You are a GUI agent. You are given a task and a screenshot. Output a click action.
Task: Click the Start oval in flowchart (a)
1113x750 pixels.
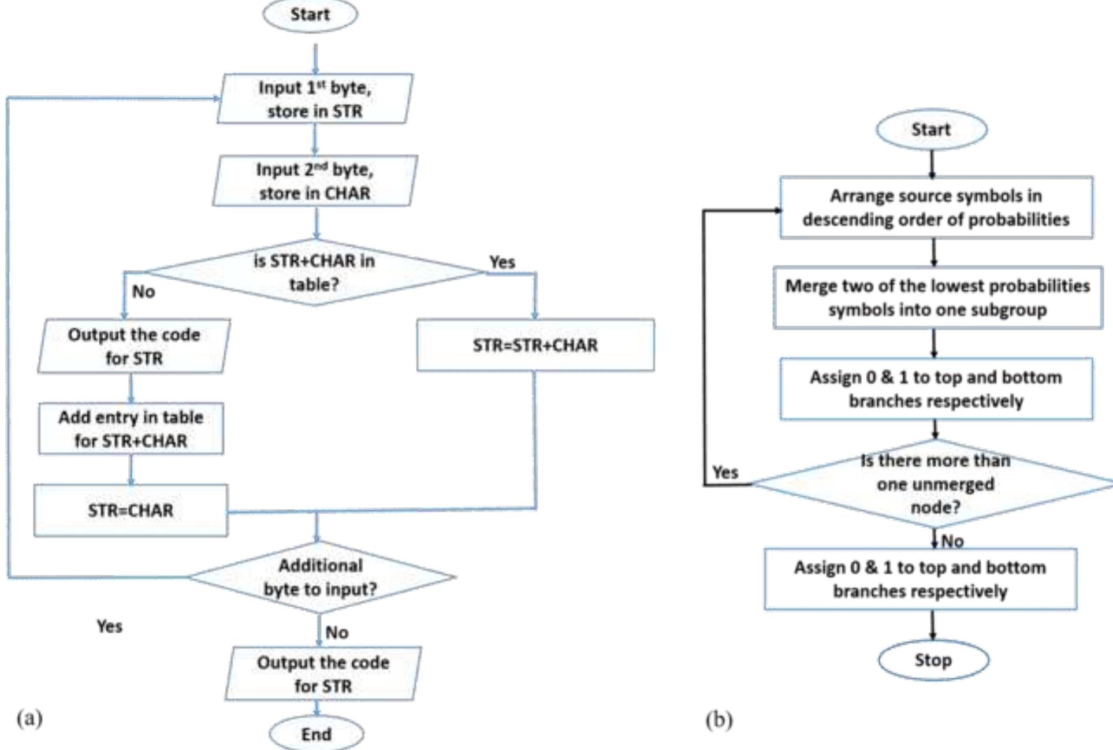tap(310, 15)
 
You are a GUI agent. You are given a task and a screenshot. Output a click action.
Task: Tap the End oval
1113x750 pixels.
tap(317, 734)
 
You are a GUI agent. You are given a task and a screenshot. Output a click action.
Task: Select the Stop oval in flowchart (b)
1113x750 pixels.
tap(933, 660)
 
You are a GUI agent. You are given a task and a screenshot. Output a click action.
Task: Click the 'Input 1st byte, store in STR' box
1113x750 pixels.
tap(315, 99)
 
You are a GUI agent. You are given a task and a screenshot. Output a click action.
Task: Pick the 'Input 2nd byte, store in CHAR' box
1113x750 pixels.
tap(315, 181)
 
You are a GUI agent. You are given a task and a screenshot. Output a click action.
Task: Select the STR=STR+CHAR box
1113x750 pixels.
tap(535, 345)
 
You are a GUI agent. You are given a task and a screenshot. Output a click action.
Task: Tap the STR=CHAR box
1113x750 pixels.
tap(131, 511)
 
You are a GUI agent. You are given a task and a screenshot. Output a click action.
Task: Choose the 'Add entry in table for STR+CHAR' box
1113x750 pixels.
tap(131, 429)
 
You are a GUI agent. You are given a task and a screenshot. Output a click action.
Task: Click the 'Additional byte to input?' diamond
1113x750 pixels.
tap(321, 577)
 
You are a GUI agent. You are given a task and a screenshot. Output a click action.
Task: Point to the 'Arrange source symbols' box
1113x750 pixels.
tap(936, 207)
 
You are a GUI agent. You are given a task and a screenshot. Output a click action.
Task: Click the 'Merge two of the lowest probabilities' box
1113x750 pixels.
tap(937, 298)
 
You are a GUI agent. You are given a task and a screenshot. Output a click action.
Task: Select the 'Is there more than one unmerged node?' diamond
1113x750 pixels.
tap(935, 484)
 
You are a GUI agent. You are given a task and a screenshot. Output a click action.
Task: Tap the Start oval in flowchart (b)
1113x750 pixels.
tap(931, 129)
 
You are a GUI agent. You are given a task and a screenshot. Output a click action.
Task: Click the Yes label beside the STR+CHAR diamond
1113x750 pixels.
tap(502, 262)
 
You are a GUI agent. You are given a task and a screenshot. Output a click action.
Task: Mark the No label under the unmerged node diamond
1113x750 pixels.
tap(952, 541)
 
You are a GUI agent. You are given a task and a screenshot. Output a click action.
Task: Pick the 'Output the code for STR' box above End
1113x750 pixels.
tap(323, 674)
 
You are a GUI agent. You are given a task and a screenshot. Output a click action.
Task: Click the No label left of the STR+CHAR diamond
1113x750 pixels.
tap(143, 292)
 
